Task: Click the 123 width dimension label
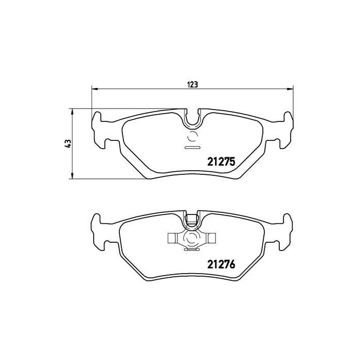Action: (x=193, y=84)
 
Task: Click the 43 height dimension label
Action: (x=67, y=145)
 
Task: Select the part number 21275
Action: (x=221, y=161)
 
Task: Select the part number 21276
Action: (x=221, y=265)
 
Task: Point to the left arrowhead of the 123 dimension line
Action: (x=94, y=89)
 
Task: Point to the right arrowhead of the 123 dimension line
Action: (x=293, y=89)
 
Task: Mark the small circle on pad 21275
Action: (x=193, y=137)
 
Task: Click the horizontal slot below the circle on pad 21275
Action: (x=192, y=148)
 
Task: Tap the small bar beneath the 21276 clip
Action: (x=192, y=250)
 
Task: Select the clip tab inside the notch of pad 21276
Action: (x=192, y=220)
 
